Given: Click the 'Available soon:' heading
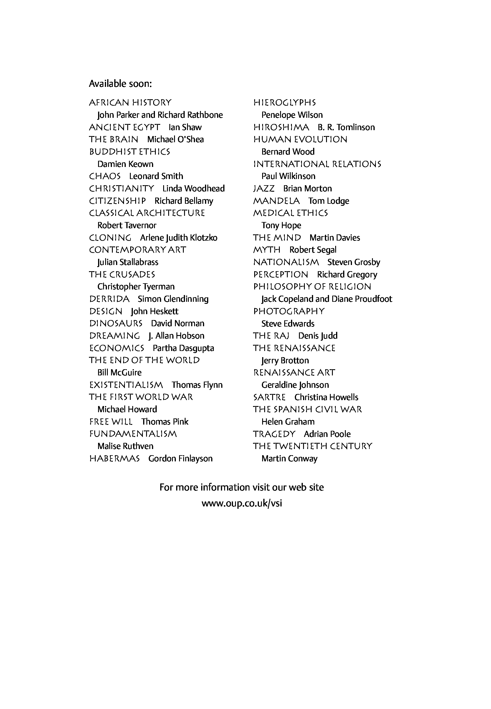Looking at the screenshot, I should (x=120, y=84).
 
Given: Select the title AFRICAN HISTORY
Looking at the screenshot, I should (x=130, y=102).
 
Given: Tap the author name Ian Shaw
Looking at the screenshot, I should (x=185, y=127).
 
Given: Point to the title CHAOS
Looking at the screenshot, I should (x=105, y=176).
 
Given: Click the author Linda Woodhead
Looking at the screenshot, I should (x=194, y=188).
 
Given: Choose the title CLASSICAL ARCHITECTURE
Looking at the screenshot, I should (x=147, y=213).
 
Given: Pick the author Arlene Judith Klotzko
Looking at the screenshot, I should (x=178, y=238).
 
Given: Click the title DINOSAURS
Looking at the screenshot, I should (x=116, y=324).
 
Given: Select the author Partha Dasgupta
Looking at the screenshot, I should (x=183, y=348).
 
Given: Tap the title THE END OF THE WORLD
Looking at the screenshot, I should (x=144, y=360).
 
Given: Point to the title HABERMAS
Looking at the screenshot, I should (x=115, y=458).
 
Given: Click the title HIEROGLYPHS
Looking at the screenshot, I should (x=285, y=102).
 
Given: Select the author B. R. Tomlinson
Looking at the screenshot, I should (x=346, y=127).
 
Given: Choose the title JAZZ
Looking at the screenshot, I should (x=264, y=188).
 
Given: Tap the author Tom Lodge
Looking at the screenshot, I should (x=329, y=201).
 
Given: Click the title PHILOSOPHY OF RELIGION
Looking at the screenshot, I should (x=312, y=286).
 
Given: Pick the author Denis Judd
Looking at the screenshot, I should (x=318, y=336).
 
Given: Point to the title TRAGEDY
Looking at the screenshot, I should (x=274, y=434).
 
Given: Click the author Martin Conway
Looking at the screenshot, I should (x=289, y=458).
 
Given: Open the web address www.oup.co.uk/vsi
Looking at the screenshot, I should (x=242, y=503).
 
